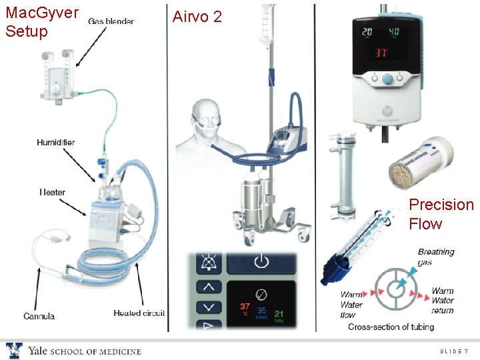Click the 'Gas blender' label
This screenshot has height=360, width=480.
(x=111, y=21)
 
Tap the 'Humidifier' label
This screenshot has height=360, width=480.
(x=55, y=142)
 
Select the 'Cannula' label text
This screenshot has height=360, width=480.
(x=39, y=315)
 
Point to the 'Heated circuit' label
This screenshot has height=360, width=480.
(x=139, y=313)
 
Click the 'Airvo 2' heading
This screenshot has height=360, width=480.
(x=197, y=17)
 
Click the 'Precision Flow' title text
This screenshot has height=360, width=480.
(x=441, y=214)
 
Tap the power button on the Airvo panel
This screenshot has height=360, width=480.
(x=261, y=262)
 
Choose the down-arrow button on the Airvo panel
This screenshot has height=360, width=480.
(x=209, y=308)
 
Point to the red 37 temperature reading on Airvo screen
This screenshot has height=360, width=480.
(x=245, y=307)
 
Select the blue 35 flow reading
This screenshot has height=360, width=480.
(x=262, y=311)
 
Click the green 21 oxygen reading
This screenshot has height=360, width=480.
(x=279, y=313)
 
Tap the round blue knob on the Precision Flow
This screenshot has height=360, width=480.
(x=387, y=79)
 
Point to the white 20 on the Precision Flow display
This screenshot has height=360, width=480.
(x=367, y=32)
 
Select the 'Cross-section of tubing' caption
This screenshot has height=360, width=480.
(x=391, y=327)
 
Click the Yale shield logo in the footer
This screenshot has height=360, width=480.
(x=14, y=351)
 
